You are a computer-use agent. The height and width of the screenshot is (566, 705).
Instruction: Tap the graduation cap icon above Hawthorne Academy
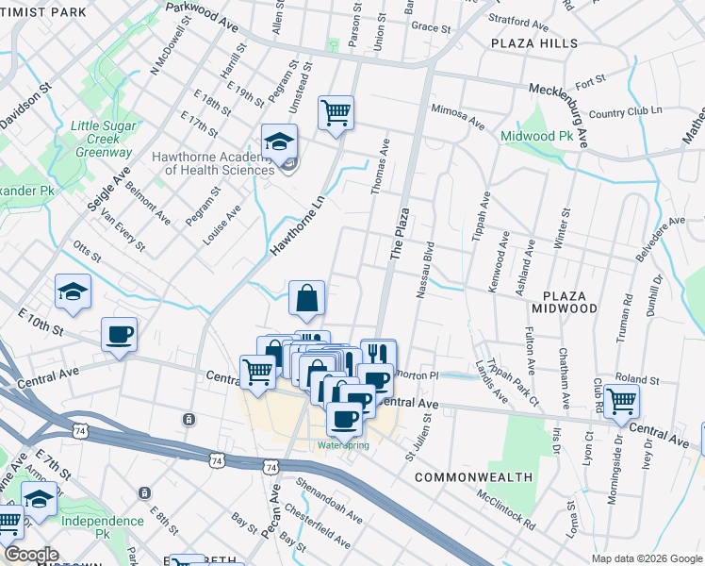279,141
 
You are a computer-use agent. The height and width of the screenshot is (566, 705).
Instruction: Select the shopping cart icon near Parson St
336,113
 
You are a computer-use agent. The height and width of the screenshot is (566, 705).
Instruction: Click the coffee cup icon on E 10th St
120,335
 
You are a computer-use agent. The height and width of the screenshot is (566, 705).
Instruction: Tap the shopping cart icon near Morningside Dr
621,401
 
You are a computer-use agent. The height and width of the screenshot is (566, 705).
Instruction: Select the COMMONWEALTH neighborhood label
473,477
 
